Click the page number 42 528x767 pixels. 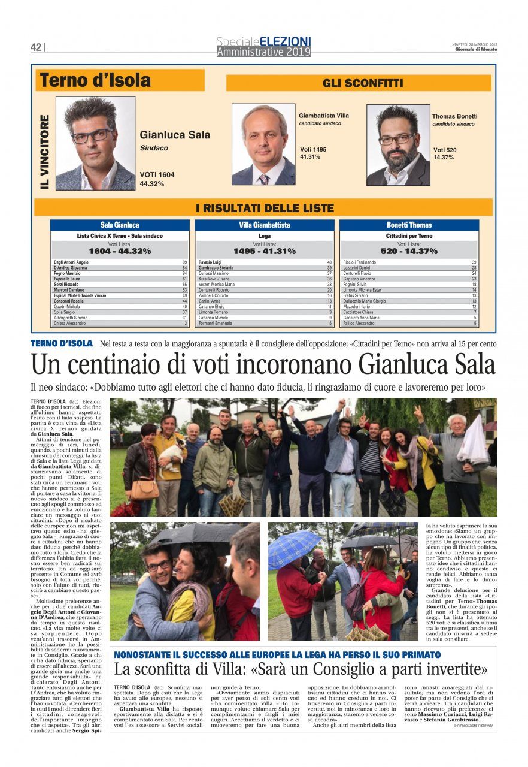36,47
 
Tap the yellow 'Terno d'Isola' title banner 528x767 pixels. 120,80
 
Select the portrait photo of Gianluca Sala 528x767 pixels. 96,143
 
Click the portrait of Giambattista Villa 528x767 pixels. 263,144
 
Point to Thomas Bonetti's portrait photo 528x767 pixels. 398,145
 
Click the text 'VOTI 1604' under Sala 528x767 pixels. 157,175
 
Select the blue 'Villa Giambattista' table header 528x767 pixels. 265,225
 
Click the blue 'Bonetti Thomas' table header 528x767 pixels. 409,225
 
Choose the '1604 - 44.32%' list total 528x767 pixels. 120,251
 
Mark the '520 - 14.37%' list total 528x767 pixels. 409,251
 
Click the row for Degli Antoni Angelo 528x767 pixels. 120,262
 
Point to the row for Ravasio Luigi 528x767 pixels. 265,262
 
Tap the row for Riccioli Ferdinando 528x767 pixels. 409,262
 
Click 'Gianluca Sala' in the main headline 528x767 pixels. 427,364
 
